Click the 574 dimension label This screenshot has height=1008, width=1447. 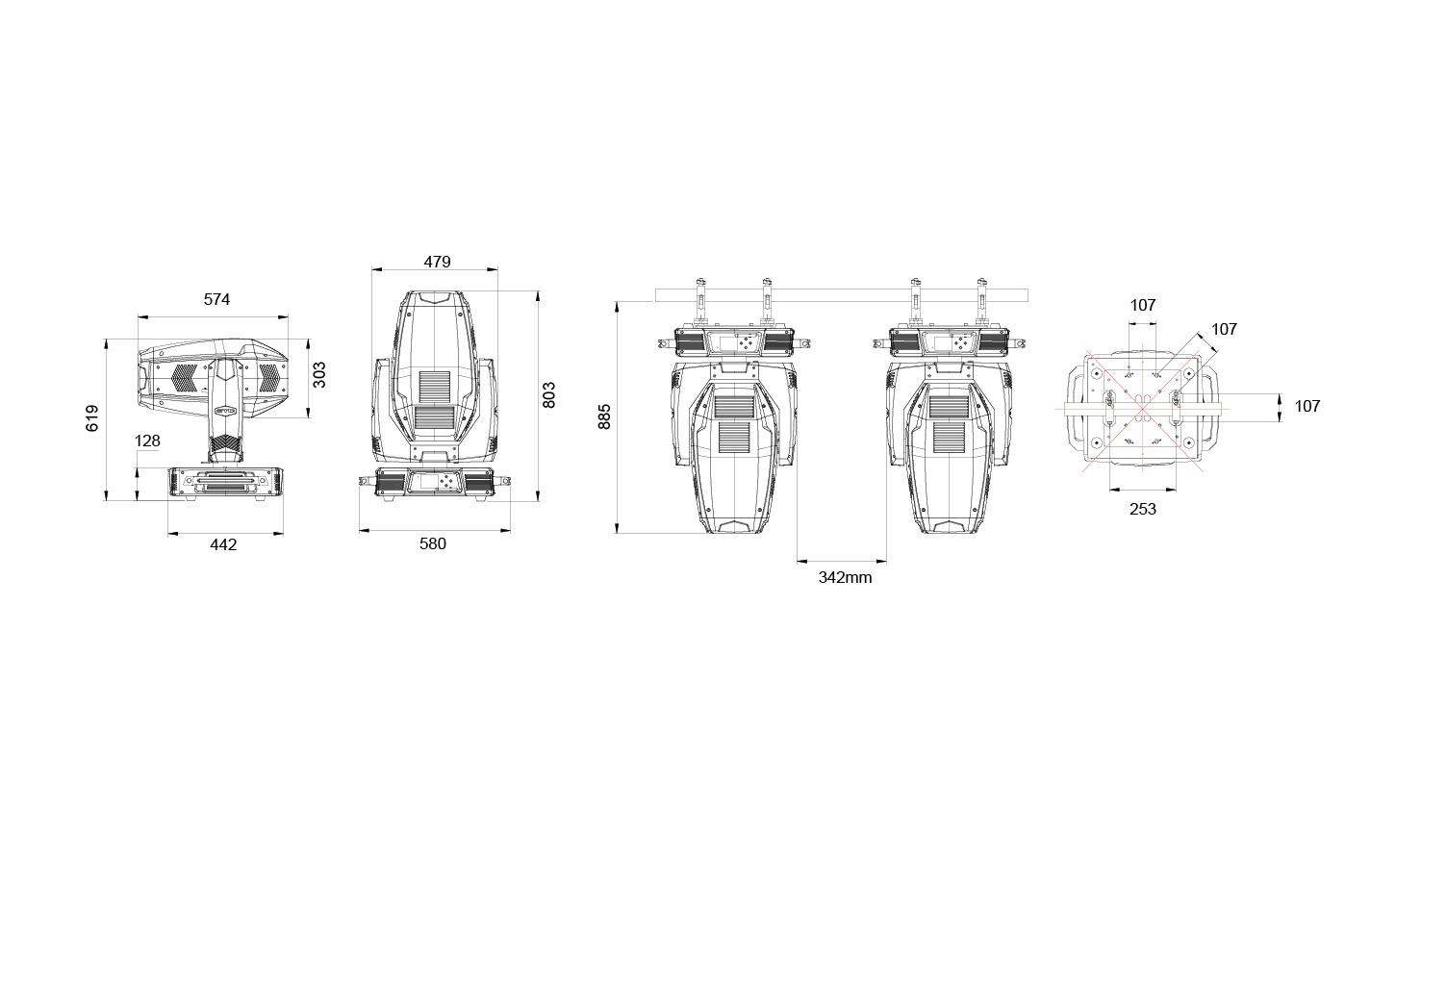pyautogui.click(x=216, y=300)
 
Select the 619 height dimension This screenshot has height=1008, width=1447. pyautogui.click(x=93, y=417)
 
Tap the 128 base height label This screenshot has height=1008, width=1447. pyautogui.click(x=147, y=441)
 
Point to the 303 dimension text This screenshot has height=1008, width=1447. pyautogui.click(x=319, y=375)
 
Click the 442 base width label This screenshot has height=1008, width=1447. pyautogui.click(x=223, y=545)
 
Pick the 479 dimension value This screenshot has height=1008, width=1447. pyautogui.click(x=438, y=263)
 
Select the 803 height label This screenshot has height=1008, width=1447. pyautogui.click(x=549, y=395)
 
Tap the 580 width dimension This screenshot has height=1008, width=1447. pyautogui.click(x=433, y=543)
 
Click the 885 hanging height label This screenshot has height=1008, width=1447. pyautogui.click(x=604, y=417)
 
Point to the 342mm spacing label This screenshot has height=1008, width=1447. pyautogui.click(x=845, y=578)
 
